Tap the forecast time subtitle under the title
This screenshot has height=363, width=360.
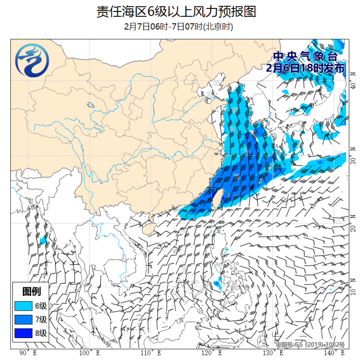point(179,27)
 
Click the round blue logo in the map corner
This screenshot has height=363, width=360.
point(32,62)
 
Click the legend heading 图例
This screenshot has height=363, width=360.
point(31,291)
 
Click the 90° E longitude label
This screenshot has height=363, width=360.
point(28,353)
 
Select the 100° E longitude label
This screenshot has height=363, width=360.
point(90,353)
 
